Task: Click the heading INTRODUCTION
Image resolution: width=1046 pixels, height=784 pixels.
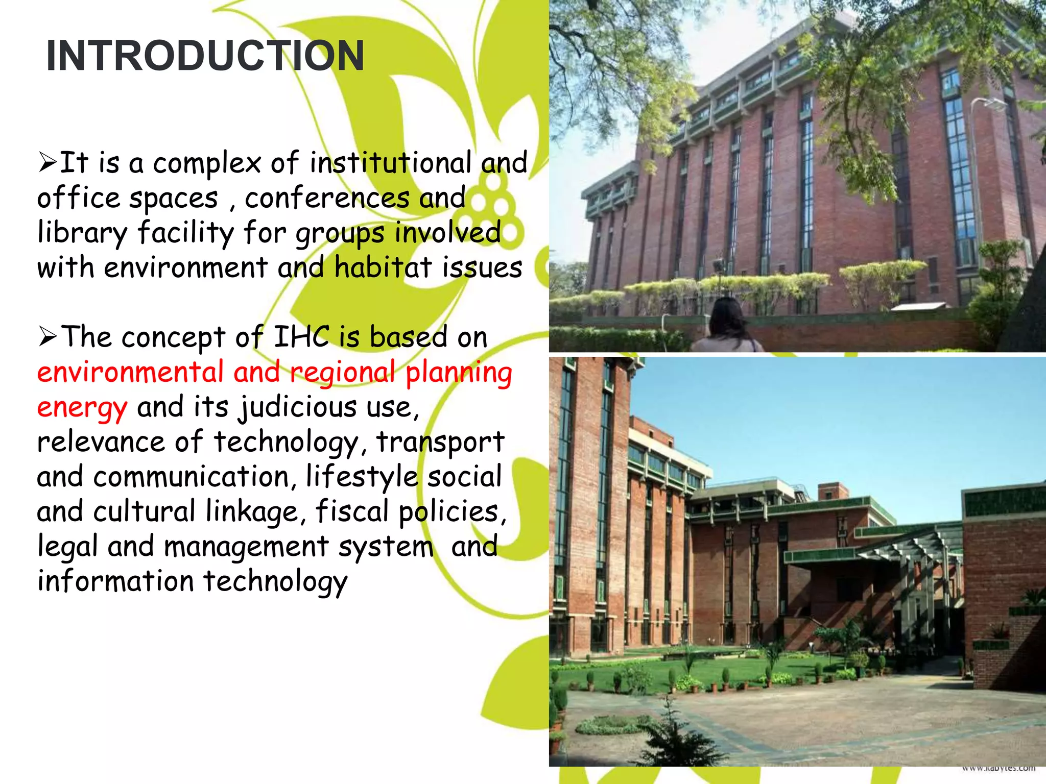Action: pos(205,56)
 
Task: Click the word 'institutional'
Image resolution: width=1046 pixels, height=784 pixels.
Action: pos(391,163)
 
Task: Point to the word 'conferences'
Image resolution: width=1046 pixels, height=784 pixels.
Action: pos(327,198)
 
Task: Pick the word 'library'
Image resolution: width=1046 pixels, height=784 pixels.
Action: pos(82,233)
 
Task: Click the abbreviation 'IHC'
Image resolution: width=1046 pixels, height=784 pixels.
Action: pos(301,337)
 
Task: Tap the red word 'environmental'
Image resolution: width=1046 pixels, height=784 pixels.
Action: pos(130,372)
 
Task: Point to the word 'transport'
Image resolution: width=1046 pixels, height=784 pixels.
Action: pos(440,442)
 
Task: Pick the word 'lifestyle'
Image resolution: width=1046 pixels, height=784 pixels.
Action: pos(362,477)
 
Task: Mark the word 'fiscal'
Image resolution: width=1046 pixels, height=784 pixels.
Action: pos(352,511)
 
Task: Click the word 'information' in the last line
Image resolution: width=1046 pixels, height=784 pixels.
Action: pos(115,581)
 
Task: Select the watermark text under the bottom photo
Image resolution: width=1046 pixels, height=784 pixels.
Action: pos(999,768)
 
